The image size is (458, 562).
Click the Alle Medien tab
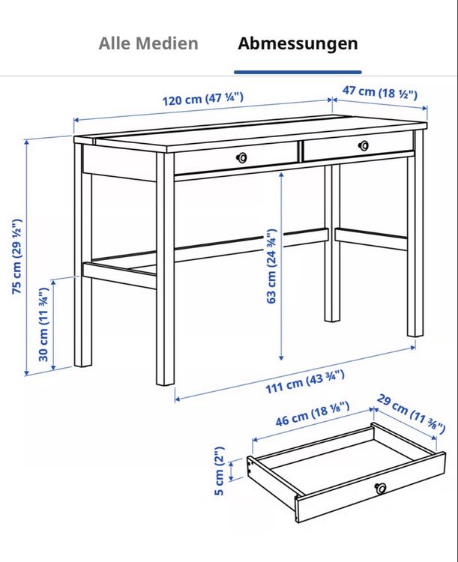coord(148,43)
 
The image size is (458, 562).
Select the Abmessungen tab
coord(298,44)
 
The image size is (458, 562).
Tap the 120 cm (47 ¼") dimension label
coord(203,99)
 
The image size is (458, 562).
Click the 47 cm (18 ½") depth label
coord(380,92)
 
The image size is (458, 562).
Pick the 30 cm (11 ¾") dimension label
coord(43,324)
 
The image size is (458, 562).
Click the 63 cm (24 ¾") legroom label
coord(271,266)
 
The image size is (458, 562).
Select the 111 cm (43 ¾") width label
coord(305,382)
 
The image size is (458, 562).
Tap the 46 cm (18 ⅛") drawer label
coord(313,414)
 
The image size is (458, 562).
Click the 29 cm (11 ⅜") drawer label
coord(411,414)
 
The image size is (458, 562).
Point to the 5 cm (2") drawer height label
coord(219,471)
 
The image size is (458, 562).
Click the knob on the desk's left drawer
coord(241,157)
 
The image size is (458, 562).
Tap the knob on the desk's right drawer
coord(364,145)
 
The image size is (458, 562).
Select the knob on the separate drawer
coord(380,488)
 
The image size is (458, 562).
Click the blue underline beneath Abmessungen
coord(298,72)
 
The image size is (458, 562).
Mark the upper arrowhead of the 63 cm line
coord(282,175)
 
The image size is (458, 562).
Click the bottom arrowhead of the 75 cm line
coord(26,373)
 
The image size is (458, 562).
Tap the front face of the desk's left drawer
coord(235,158)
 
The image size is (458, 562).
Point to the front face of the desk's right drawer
coord(358,146)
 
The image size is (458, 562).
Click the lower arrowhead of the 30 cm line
coord(53,367)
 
